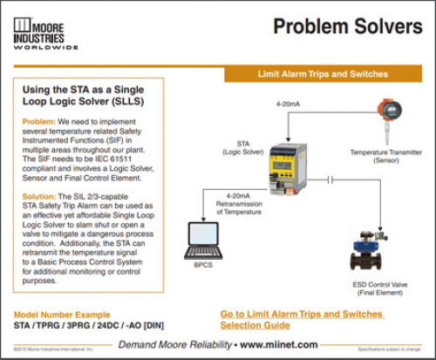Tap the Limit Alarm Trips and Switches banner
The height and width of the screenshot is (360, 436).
coord(323,74)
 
